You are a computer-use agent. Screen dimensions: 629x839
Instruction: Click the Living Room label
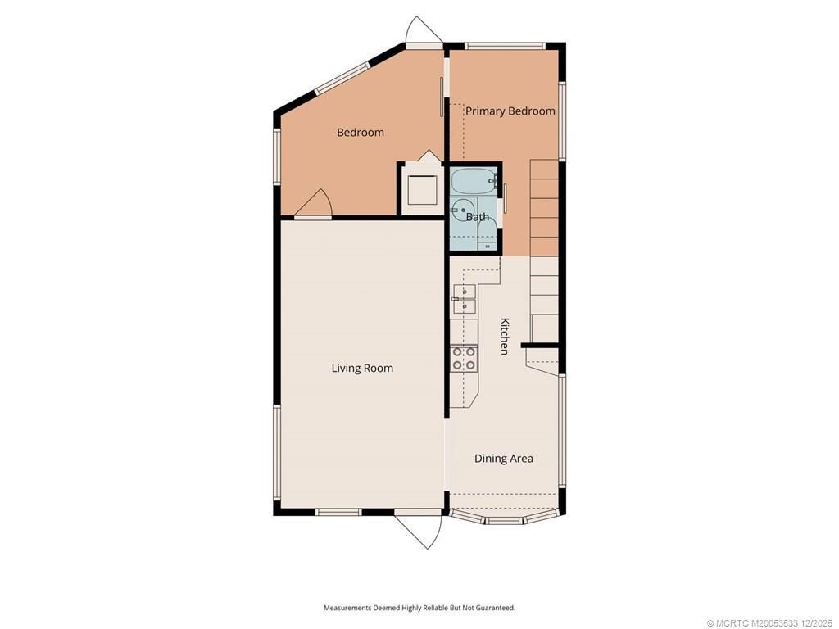362,369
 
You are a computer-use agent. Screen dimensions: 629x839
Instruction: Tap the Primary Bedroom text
510,111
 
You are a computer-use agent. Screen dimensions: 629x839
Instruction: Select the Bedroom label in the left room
360,133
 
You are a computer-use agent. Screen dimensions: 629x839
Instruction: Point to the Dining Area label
503,459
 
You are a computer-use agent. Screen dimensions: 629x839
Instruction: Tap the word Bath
478,217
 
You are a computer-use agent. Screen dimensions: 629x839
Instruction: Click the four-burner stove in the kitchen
464,358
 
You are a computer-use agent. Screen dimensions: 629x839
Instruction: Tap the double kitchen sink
464,299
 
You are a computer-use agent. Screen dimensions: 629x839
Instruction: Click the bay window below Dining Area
504,519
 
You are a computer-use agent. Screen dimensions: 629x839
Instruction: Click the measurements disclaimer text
419,608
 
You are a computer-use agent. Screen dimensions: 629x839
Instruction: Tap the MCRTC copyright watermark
771,622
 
